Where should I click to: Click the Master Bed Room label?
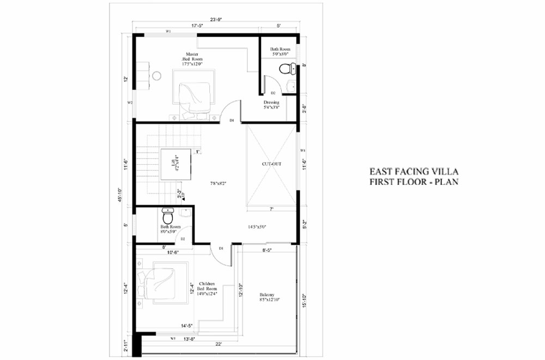coord(192,59)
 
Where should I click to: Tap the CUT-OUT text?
coord(271,163)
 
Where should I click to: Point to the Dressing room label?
coord(271,105)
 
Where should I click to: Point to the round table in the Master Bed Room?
coord(156,75)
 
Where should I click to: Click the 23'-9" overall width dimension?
coord(216,19)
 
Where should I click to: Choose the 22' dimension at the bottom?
coord(218,345)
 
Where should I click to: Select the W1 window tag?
coord(169,32)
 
